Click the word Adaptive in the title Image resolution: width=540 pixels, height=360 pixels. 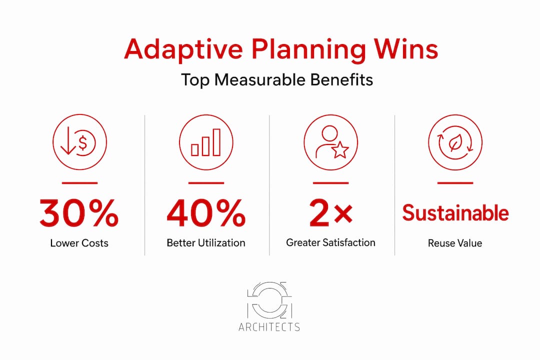[x=183, y=49]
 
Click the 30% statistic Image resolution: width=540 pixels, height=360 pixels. [x=79, y=213]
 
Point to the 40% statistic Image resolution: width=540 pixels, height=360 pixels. [x=206, y=213]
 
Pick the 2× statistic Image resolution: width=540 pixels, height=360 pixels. [x=331, y=213]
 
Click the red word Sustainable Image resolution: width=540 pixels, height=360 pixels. [x=455, y=212]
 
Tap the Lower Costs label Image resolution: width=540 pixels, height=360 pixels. [x=79, y=243]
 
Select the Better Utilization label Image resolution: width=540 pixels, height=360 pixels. [x=206, y=242]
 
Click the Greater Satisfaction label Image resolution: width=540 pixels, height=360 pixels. [x=330, y=242]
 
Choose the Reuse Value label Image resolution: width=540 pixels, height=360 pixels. [x=455, y=243]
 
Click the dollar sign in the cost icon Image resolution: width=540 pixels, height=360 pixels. [x=82, y=142]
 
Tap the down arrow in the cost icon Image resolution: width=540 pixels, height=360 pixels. [x=68, y=140]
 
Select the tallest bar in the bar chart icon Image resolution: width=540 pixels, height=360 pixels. [x=216, y=142]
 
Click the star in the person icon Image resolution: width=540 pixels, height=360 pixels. [x=340, y=150]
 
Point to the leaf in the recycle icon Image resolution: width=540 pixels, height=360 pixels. [x=455, y=142]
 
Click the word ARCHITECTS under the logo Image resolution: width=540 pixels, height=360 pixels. [x=269, y=327]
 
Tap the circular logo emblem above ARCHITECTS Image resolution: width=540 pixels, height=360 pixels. [x=269, y=300]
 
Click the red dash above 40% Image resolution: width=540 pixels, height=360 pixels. [x=206, y=183]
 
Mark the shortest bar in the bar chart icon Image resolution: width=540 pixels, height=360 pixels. [x=194, y=150]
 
